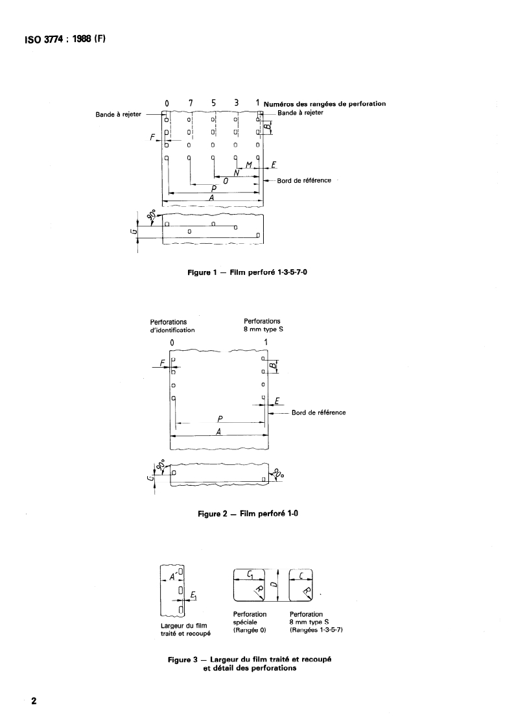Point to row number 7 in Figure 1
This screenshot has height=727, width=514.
pyautogui.click(x=191, y=103)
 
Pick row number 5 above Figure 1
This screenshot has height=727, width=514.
pyautogui.click(x=213, y=103)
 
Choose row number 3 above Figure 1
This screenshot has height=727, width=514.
pyautogui.click(x=237, y=103)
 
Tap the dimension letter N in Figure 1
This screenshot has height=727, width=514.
pyautogui.click(x=237, y=173)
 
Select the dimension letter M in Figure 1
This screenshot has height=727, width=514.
pyautogui.click(x=248, y=166)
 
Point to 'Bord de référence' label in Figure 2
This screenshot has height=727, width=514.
pyautogui.click(x=318, y=412)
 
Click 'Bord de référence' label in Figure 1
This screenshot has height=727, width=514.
pyautogui.click(x=304, y=180)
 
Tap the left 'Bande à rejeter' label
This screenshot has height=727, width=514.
pyautogui.click(x=119, y=115)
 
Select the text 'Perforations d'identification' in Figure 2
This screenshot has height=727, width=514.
pyautogui.click(x=172, y=325)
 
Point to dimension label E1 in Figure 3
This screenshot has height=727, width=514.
pyautogui.click(x=194, y=595)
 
